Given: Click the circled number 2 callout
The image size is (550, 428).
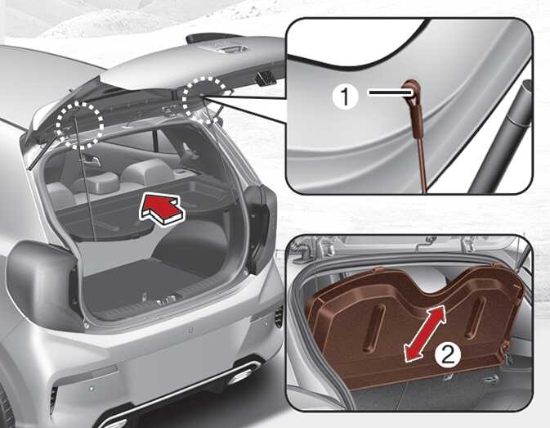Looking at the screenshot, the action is [448, 356].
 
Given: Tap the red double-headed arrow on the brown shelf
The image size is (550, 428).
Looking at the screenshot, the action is [424, 333].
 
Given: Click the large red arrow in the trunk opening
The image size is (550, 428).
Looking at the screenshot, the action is [163, 210].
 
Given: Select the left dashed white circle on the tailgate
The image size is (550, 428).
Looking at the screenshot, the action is [80, 124].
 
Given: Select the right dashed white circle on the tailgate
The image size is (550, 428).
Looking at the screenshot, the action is [207, 100].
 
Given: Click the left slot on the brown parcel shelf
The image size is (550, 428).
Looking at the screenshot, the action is [374, 327].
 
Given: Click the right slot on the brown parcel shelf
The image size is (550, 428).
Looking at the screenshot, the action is [476, 316].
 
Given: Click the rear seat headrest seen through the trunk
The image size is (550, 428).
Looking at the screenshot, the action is [100, 180].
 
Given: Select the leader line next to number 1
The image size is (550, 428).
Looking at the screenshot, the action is [390, 92].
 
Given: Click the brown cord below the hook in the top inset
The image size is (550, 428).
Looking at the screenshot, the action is [422, 161].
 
